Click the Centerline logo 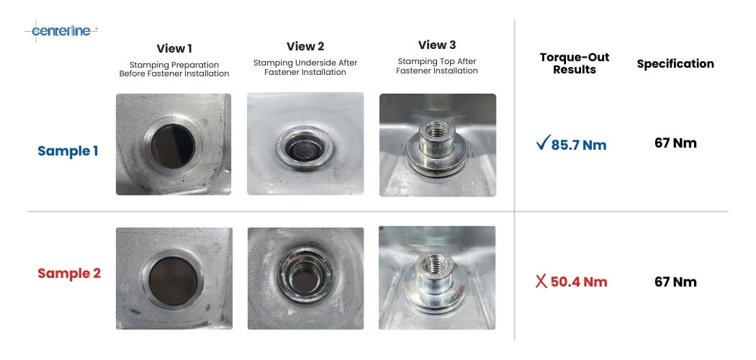click(61, 32)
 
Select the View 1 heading click(174, 49)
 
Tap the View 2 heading click(305, 46)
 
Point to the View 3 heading click(437, 45)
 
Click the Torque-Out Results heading click(575, 63)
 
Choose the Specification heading click(675, 63)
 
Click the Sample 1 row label click(68, 151)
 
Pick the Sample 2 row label click(69, 274)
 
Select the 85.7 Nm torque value click(579, 145)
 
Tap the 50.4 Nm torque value click(579, 282)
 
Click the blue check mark click(543, 143)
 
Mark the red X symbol click(541, 282)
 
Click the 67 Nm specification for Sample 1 click(675, 143)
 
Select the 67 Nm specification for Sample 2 click(675, 282)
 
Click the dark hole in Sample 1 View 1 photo click(173, 146)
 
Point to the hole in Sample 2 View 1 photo click(173, 281)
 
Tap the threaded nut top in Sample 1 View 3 click(437, 130)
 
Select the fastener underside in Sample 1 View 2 click(305, 148)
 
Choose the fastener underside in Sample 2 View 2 click(305, 274)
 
